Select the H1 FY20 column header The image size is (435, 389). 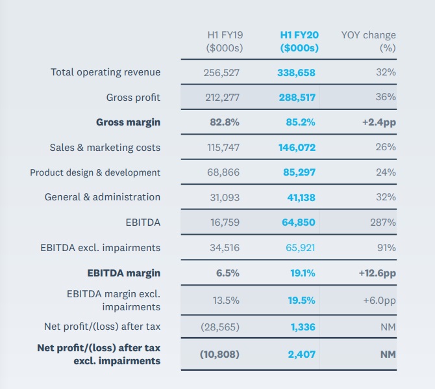299,42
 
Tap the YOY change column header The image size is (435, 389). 368,42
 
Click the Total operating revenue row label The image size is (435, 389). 105,72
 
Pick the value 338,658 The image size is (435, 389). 297,73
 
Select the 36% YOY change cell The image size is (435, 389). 386,98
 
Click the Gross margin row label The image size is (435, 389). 128,122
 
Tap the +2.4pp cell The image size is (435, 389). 378,122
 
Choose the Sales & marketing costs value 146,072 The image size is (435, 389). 297,148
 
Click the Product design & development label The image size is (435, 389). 95,172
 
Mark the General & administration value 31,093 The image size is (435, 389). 224,197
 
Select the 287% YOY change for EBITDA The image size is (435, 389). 383,222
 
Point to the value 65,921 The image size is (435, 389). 300,248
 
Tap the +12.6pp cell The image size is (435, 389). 377,273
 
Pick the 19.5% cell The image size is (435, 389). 301,301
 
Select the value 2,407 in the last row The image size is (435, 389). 302,355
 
